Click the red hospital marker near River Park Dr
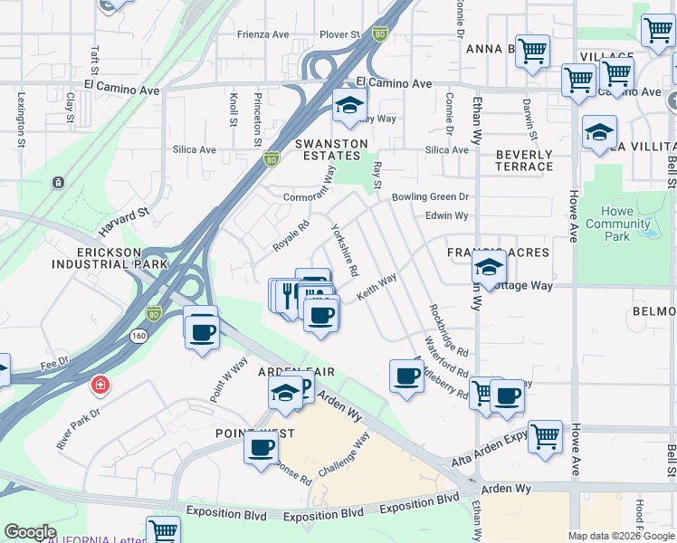[x=98, y=387]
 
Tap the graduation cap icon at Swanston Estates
[x=349, y=107]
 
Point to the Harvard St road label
[x=124, y=216]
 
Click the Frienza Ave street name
[x=263, y=34]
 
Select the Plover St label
[x=339, y=34]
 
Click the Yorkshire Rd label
[x=345, y=250]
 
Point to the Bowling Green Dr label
[x=431, y=196]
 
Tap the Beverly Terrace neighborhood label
[x=524, y=160]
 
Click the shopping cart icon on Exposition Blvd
[x=163, y=529]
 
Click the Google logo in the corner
[x=30, y=532]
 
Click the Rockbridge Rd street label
[x=448, y=329]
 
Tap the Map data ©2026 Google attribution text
[x=621, y=536]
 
